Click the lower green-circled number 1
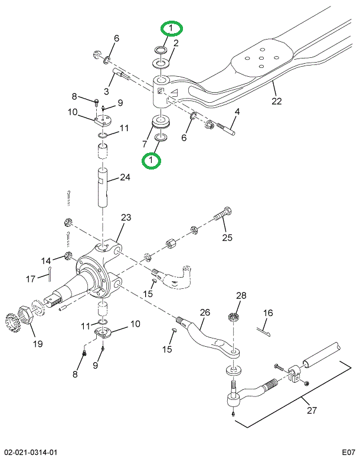pos(152,159)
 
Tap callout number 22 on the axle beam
pos(276,101)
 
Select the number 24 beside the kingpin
pos(125,177)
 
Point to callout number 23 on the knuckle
pos(126,218)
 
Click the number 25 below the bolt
pos(227,238)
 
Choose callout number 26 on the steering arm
pos(205,312)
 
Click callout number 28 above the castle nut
pos(241,295)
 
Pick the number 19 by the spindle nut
pos(37,344)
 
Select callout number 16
pos(268,313)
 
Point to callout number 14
pos(46,261)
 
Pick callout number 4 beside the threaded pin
pos(237,112)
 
